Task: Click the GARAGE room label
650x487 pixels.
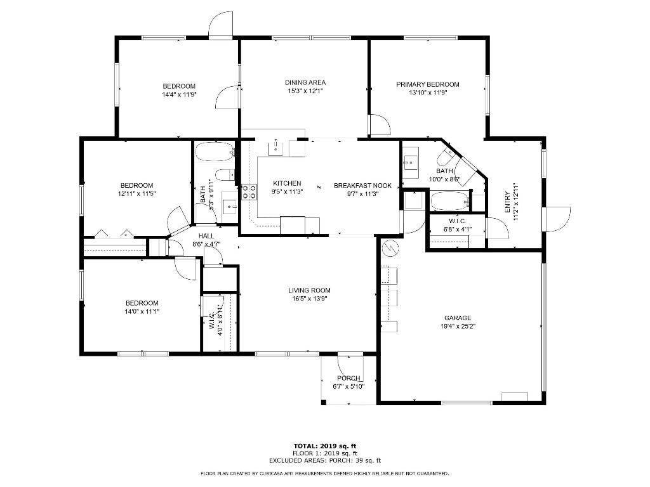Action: coord(457,318)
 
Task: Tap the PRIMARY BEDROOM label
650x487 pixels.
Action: coord(428,84)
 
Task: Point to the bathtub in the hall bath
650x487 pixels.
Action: coord(215,153)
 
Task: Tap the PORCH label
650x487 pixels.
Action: coord(348,378)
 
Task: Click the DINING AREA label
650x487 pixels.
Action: coord(305,82)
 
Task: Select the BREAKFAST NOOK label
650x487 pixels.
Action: coord(363,186)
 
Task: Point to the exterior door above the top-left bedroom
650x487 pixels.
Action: coord(223,24)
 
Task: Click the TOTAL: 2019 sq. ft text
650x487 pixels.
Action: coord(324,446)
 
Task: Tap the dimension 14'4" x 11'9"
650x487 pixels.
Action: coord(179,94)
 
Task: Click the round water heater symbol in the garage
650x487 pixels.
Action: coord(390,249)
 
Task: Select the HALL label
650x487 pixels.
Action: coord(206,235)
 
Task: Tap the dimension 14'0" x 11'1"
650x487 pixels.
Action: coord(142,311)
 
